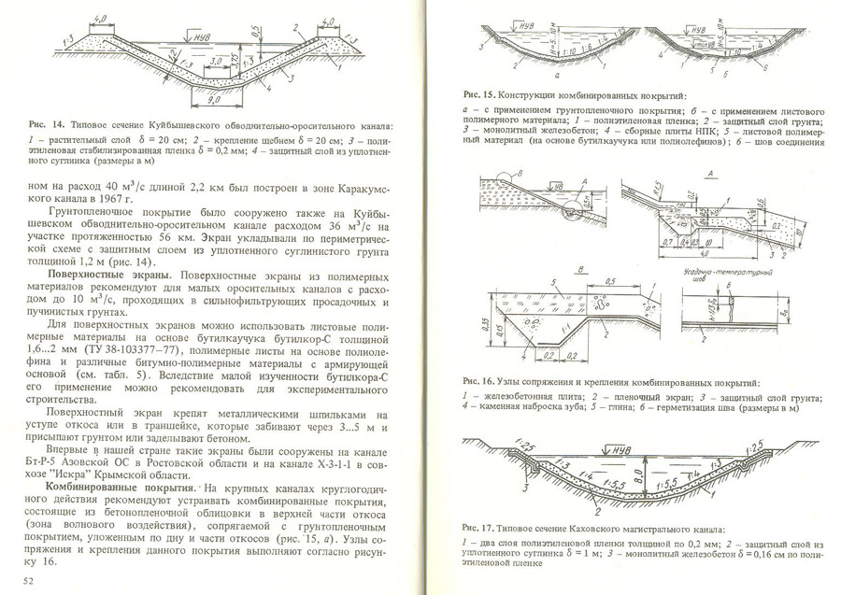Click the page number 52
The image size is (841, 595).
[29, 581]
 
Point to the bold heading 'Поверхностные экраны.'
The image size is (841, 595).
[109, 276]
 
